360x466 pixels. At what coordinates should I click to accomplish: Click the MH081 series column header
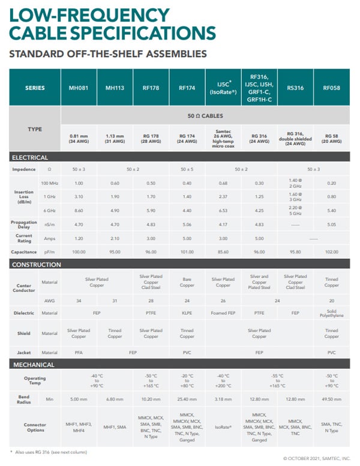[x=78, y=88]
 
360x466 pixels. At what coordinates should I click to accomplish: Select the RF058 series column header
[x=331, y=88]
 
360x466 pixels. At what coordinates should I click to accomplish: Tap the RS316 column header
[x=295, y=88]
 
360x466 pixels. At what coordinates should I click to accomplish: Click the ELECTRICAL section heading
[x=30, y=157]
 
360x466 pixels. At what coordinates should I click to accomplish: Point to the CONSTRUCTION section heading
[x=37, y=264]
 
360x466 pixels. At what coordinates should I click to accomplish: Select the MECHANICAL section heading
[x=33, y=365]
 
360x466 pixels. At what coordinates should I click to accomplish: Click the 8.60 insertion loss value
[x=78, y=211]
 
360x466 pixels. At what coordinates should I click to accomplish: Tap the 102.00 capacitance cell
[x=331, y=252]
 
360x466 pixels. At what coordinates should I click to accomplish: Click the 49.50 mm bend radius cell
[x=331, y=398]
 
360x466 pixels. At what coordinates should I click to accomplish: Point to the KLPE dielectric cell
[x=187, y=313]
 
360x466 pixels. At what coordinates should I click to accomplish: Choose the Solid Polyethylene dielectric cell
[x=331, y=313]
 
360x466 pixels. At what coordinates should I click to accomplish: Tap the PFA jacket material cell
[x=78, y=353]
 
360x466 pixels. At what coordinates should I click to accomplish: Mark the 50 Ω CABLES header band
[x=206, y=113]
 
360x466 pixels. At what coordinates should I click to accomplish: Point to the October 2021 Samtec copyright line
[x=317, y=458]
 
